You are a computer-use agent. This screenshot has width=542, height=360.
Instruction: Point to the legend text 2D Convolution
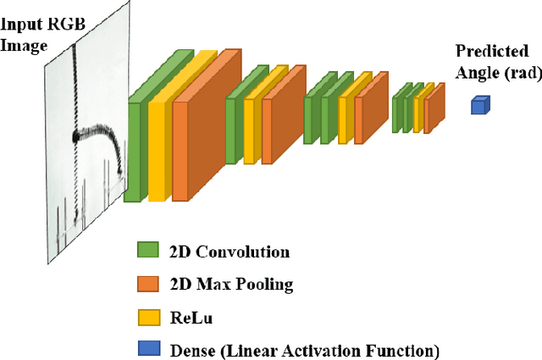point(229,252)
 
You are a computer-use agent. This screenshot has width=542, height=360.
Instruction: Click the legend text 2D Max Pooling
point(231,285)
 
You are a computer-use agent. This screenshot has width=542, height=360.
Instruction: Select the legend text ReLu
point(191,318)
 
